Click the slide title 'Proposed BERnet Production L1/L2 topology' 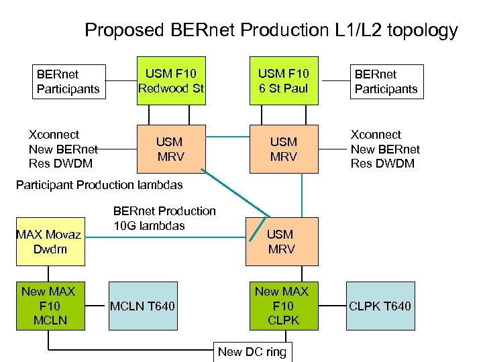(x=271, y=30)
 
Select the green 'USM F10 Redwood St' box (x=170, y=81)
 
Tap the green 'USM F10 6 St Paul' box (x=283, y=81)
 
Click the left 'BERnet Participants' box (x=68, y=81)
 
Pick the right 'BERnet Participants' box (x=386, y=81)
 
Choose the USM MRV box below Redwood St (x=170, y=149)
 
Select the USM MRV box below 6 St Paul (x=283, y=149)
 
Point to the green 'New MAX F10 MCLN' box (x=50, y=306)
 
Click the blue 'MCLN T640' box (x=142, y=306)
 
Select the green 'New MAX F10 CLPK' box (x=282, y=306)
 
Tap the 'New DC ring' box (x=252, y=352)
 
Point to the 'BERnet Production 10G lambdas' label (x=164, y=218)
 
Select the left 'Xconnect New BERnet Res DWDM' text (x=63, y=149)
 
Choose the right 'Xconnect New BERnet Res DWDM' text (x=385, y=149)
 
